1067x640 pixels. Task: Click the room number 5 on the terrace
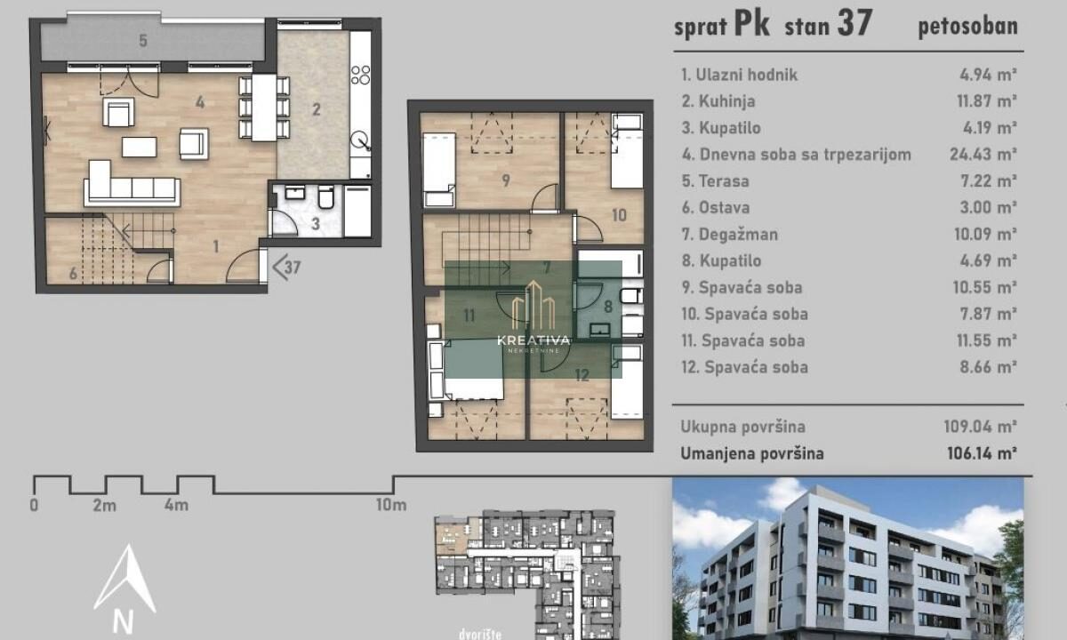coord(143,41)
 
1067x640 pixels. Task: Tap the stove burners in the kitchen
coord(361,76)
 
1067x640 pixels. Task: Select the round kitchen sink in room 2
coord(360,141)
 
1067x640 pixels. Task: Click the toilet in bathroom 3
coord(326,197)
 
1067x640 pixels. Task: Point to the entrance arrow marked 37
coord(286,267)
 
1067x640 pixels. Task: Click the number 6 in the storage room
coord(73,274)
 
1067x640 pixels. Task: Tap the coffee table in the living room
coord(139,148)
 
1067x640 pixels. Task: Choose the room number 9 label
coord(506,180)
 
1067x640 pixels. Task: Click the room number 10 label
coord(619,215)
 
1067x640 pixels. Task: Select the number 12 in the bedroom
coord(582,375)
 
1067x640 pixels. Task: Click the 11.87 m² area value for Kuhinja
coord(986,101)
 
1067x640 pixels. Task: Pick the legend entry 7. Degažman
coord(729,235)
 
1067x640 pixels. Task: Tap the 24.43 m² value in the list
coord(983,155)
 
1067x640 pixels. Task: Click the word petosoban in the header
coord(968,27)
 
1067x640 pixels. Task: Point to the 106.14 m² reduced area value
coord(982,453)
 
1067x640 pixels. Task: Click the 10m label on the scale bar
coord(391,505)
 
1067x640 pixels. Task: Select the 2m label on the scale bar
coord(104,505)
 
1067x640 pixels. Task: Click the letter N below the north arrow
coord(123,621)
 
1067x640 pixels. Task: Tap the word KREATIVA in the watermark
coord(533,340)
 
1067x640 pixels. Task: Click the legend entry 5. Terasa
coord(716,181)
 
